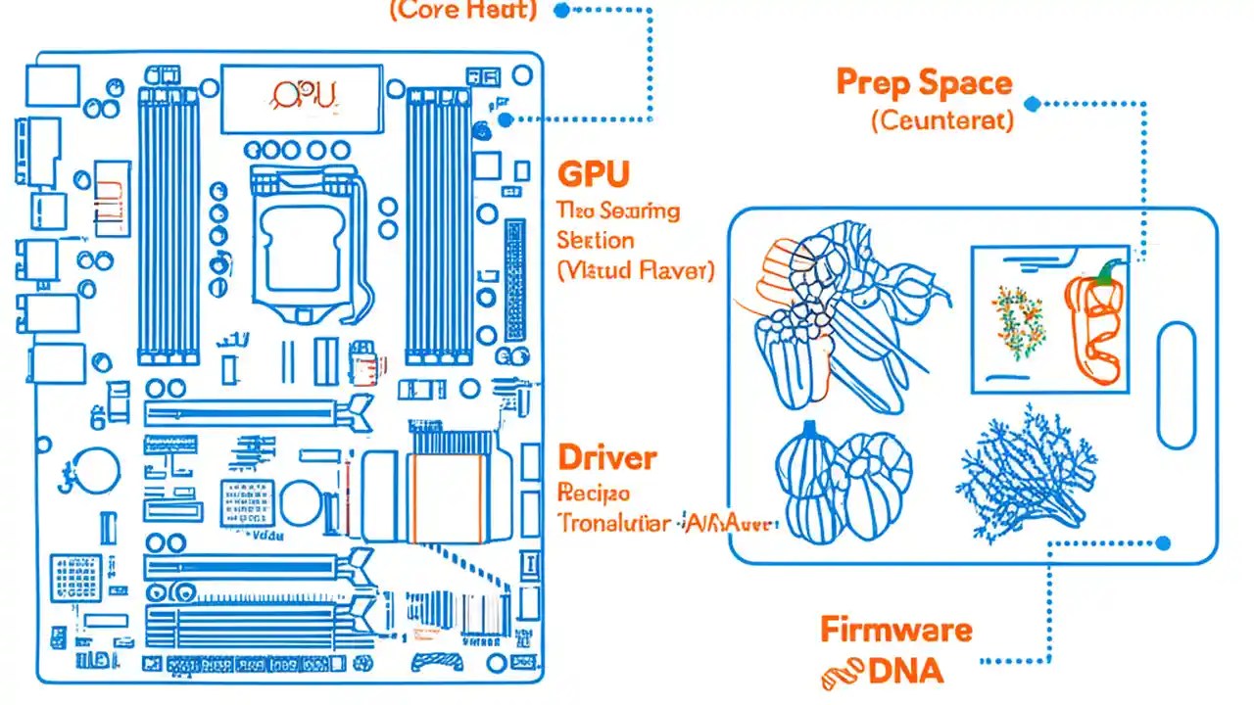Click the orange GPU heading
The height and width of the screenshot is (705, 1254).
[x=593, y=173]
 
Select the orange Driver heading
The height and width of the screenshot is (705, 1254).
[x=606, y=456]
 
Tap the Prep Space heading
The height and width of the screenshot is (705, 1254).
[x=923, y=83]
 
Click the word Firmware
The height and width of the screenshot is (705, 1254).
[x=895, y=629]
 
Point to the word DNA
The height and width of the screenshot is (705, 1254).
[x=906, y=671]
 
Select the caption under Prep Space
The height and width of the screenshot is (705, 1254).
[x=941, y=120]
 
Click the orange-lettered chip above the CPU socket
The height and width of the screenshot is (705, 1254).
[x=301, y=98]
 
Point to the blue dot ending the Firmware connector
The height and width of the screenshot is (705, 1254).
[x=1163, y=542]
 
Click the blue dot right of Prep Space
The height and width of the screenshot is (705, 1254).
[x=1032, y=104]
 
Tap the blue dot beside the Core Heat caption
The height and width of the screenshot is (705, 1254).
[x=561, y=11]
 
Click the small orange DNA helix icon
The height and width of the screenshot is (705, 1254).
[x=841, y=672]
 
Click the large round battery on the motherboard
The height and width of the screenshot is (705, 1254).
[x=98, y=470]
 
